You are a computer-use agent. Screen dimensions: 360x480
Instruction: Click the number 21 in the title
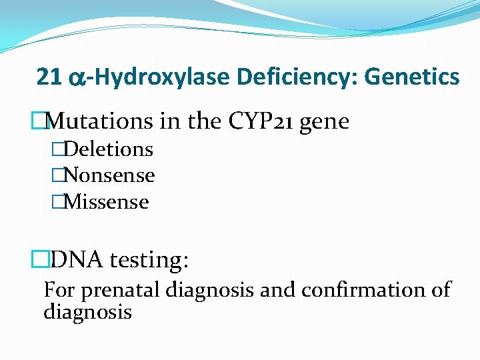(x=49, y=77)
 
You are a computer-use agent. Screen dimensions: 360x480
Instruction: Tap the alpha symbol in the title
(x=76, y=79)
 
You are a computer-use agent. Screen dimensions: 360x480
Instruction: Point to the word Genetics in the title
(x=411, y=77)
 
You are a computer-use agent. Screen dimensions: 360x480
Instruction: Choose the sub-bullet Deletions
(x=108, y=149)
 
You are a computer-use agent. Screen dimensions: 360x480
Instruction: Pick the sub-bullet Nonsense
(x=109, y=175)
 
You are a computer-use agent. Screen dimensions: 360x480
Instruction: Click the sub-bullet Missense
(x=106, y=202)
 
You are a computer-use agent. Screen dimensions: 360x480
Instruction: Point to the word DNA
(x=76, y=259)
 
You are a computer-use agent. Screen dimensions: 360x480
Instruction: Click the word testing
(x=149, y=260)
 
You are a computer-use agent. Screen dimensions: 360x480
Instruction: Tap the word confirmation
(x=360, y=290)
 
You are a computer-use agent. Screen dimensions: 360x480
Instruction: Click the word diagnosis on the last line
(x=87, y=311)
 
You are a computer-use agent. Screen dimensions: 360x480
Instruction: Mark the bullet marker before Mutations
(x=40, y=121)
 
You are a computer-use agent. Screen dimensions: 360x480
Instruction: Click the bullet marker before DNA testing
(x=40, y=259)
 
